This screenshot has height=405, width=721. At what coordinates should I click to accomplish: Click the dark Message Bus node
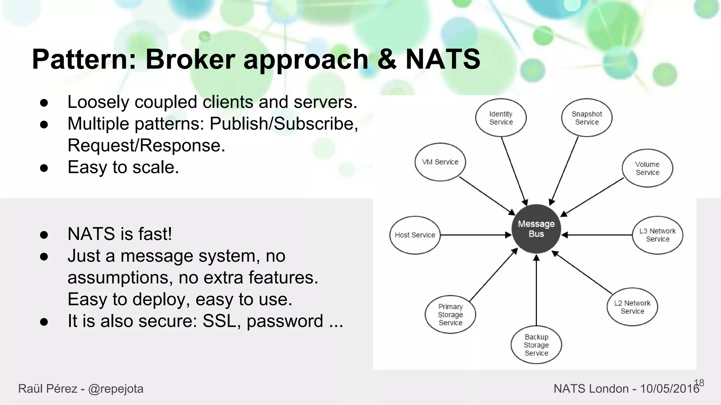(536, 229)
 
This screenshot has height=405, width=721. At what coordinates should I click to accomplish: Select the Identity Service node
(501, 118)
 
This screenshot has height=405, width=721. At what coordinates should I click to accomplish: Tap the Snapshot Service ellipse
(587, 118)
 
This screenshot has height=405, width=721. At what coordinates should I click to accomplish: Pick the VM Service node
(440, 162)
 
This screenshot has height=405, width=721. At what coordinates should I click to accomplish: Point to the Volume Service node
(647, 168)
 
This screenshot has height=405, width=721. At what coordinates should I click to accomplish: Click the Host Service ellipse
(415, 235)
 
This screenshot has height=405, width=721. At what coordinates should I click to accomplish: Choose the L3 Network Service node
(657, 235)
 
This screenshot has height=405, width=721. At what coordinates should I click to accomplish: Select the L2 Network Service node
(632, 307)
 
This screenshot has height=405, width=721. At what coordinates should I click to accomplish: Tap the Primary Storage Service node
(450, 314)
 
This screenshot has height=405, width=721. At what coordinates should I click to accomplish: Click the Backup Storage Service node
(536, 345)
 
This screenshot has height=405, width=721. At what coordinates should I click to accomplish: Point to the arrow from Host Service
(475, 235)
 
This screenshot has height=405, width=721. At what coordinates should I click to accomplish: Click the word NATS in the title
(443, 59)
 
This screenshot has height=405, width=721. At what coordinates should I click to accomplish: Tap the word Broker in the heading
(190, 59)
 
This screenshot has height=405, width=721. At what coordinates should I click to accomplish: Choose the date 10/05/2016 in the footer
(669, 388)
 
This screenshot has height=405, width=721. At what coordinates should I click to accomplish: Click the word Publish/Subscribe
(283, 123)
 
